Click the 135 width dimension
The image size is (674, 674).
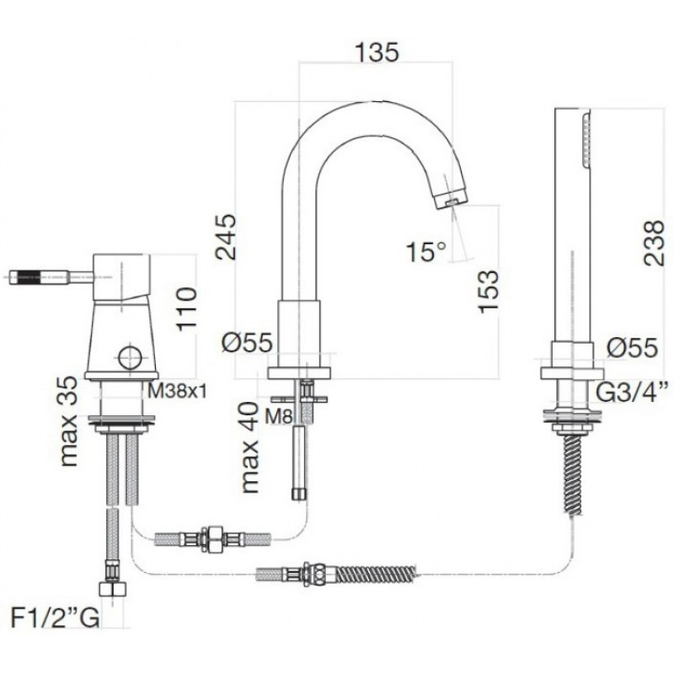point(377,52)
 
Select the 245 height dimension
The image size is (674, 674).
point(226,237)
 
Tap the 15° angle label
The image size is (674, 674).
point(426,251)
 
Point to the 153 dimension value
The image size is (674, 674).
point(488,292)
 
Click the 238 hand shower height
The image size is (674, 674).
point(655,243)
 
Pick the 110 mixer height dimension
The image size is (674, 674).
point(187,309)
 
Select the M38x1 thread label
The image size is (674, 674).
point(178,391)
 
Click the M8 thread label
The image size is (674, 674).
point(279,416)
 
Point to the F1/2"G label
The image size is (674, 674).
point(55,619)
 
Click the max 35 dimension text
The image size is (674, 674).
point(68,422)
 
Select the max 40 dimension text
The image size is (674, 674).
point(250,447)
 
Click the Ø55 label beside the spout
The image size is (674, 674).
point(247,344)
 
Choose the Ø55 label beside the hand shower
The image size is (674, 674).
point(633,347)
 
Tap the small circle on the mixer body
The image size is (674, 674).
point(131,357)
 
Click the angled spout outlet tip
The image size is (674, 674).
point(451,199)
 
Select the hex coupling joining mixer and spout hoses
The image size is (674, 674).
point(212,538)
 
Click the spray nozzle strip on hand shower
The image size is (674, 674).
point(586,139)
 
